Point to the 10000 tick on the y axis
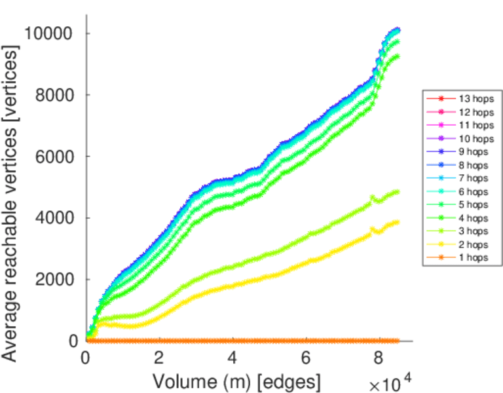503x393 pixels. (50, 33)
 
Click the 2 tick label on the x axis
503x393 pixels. (159, 358)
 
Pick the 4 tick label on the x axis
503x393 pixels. (233, 358)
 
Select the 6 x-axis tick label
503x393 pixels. (306, 358)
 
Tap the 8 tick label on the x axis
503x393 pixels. (379, 358)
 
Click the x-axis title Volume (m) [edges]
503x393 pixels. (236, 381)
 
